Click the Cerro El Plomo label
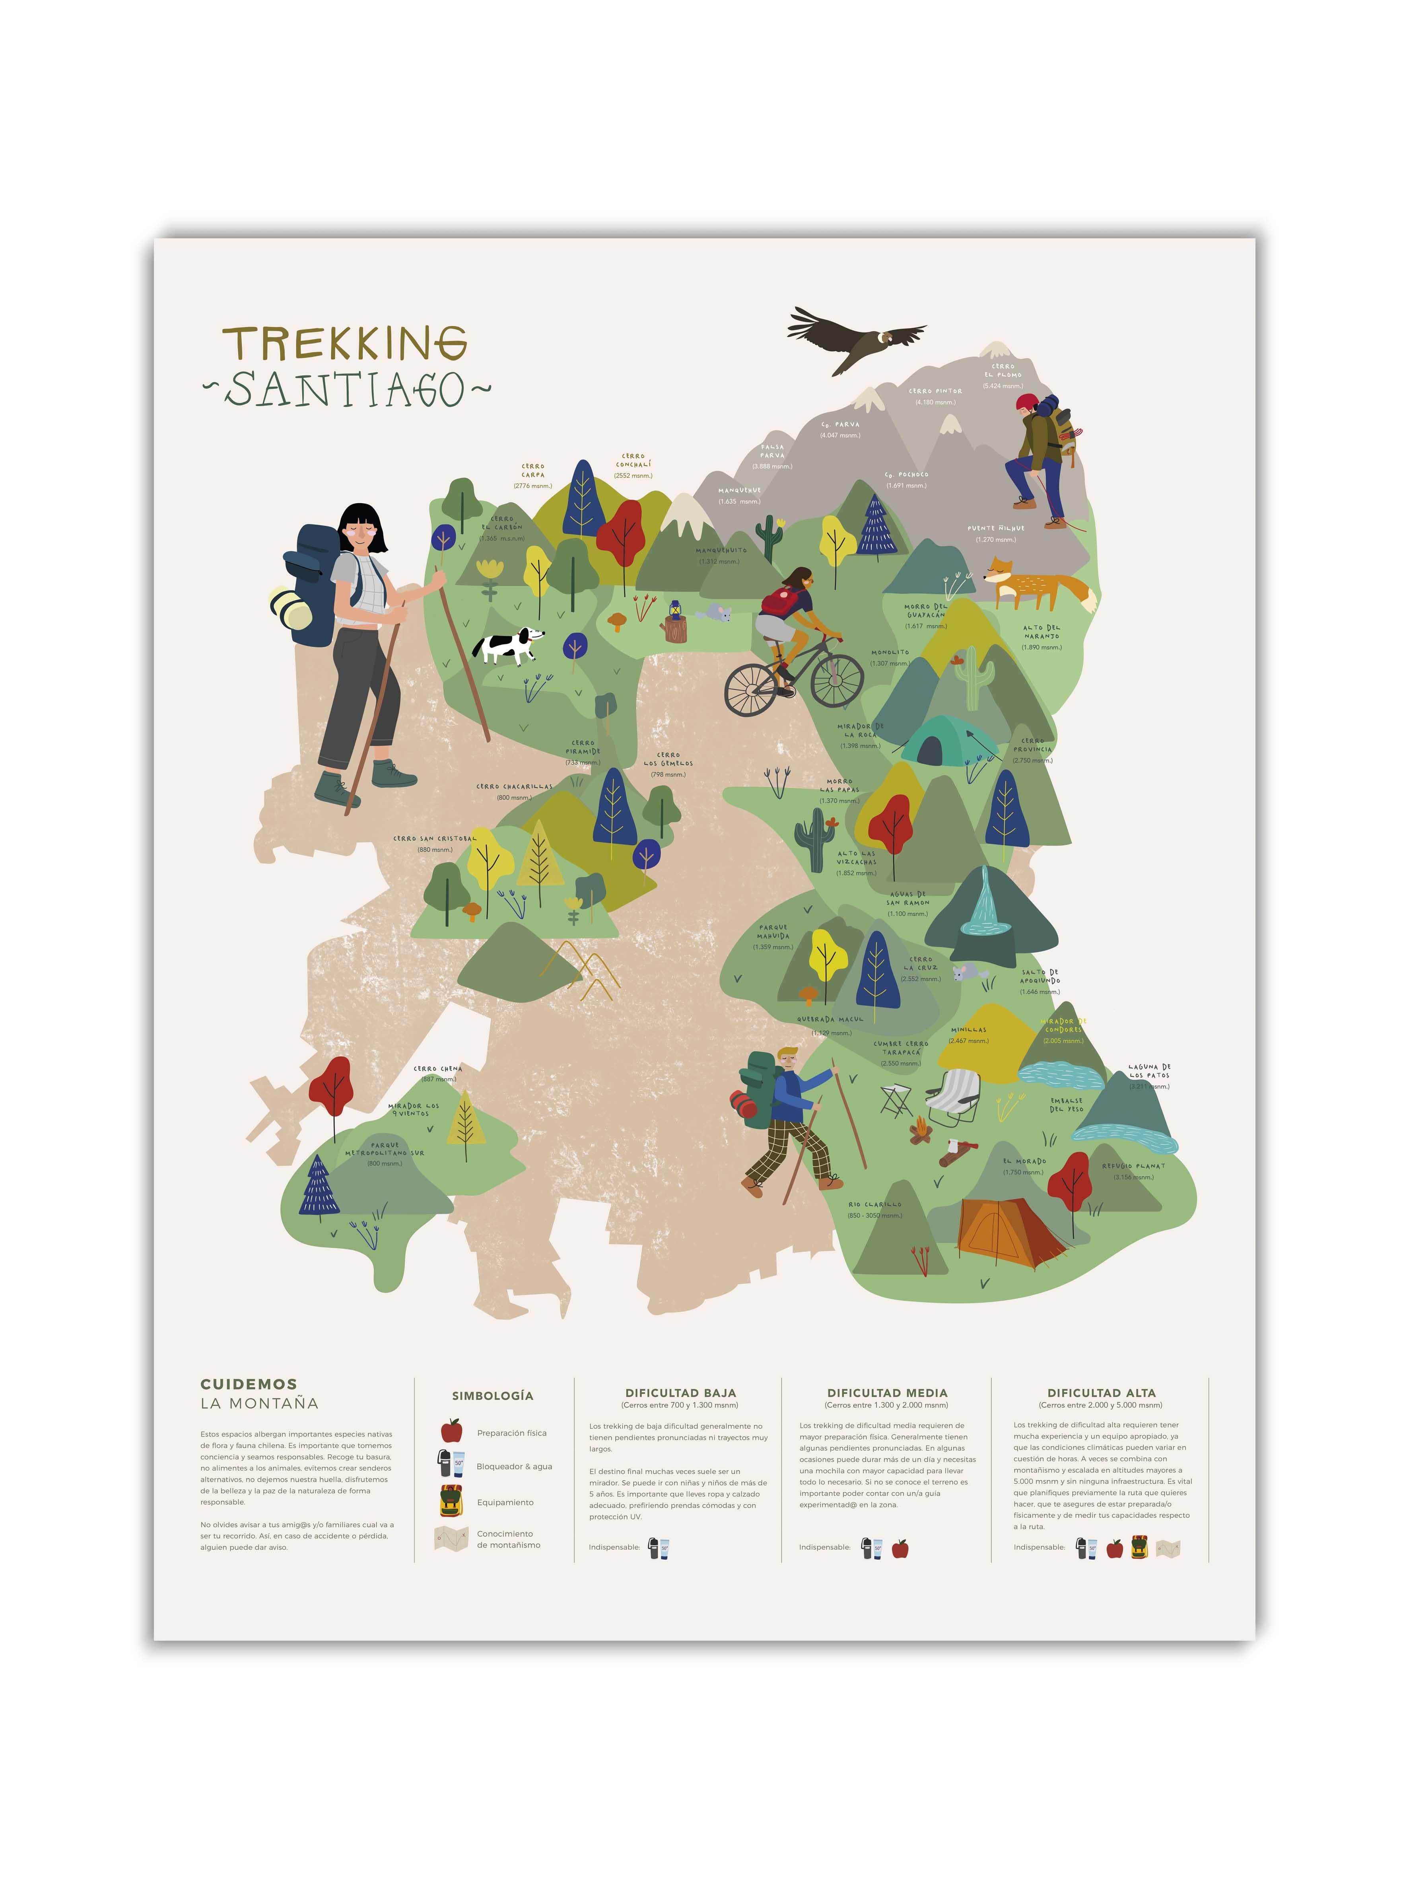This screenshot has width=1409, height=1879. [1003, 371]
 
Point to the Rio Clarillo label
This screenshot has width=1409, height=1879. [875, 1204]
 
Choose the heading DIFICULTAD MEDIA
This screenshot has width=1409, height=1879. [887, 1393]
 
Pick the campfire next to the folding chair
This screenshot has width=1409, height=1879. [921, 1131]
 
